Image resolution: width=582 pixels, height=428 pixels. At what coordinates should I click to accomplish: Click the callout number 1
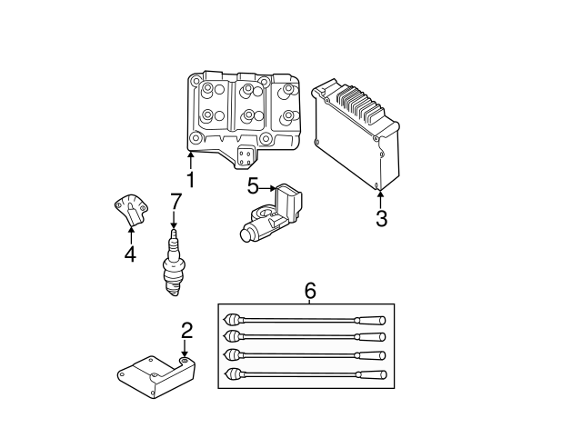(190, 180)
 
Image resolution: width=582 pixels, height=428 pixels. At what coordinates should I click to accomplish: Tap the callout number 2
(187, 331)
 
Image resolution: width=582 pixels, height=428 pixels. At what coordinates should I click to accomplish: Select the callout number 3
(381, 218)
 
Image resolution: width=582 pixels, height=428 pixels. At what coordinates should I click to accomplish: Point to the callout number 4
(130, 254)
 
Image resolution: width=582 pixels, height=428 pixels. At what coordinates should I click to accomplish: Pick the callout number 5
(253, 186)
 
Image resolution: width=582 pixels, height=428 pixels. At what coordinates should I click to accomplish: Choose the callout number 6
(310, 291)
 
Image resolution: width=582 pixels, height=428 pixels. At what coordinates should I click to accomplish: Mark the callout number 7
(176, 202)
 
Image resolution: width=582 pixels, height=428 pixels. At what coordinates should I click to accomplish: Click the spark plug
(173, 263)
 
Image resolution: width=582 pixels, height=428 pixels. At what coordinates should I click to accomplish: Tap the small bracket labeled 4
(130, 209)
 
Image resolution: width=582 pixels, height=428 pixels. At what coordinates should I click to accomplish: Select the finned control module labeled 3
(356, 134)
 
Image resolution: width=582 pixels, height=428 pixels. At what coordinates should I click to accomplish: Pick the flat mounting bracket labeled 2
(156, 377)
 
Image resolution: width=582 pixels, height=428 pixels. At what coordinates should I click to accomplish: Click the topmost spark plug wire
(305, 320)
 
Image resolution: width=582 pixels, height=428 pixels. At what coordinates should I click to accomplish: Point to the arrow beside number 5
(267, 189)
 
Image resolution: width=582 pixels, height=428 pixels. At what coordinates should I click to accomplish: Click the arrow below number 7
(174, 220)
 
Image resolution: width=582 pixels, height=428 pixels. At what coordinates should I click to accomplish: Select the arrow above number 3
(380, 199)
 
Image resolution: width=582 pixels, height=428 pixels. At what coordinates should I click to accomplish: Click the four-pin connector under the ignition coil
(245, 157)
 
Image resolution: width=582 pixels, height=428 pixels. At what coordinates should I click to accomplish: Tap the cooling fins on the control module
(359, 105)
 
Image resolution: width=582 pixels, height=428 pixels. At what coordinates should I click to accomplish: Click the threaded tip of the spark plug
(174, 288)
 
